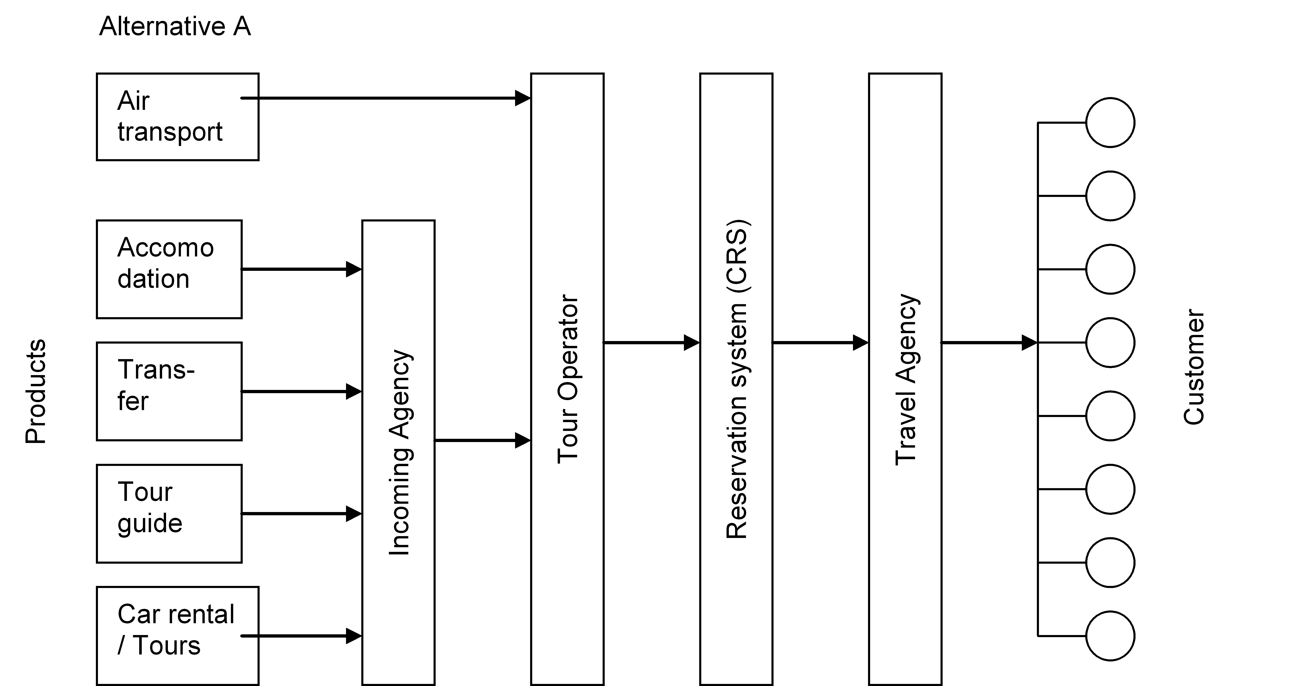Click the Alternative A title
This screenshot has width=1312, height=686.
pos(175,26)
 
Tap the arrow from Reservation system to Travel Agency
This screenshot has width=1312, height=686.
pos(821,342)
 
